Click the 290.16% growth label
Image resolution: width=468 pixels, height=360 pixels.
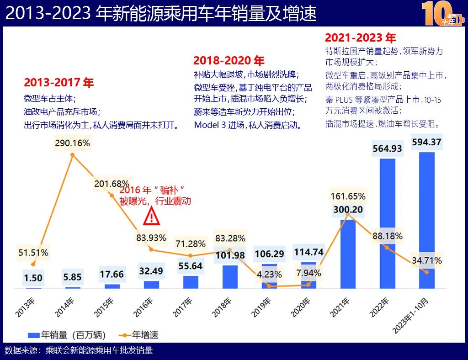click(x=72, y=143)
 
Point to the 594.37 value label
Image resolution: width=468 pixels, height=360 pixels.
click(x=426, y=142)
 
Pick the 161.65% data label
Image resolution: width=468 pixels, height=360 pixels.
click(x=348, y=196)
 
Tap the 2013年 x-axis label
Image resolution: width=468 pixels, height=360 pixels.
click(x=26, y=307)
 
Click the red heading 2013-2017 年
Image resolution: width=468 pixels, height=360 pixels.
click(x=58, y=83)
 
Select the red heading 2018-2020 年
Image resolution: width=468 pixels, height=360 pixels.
click(x=229, y=61)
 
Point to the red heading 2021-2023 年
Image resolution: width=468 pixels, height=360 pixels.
click(x=360, y=38)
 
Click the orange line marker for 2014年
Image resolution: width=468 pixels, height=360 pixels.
click(x=72, y=155)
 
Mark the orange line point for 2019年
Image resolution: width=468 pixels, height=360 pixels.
click(x=269, y=286)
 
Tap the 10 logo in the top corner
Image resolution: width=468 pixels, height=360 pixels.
click(x=442, y=13)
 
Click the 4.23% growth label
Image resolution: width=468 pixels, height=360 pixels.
click(x=269, y=275)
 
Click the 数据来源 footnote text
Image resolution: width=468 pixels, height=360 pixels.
click(x=79, y=350)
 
